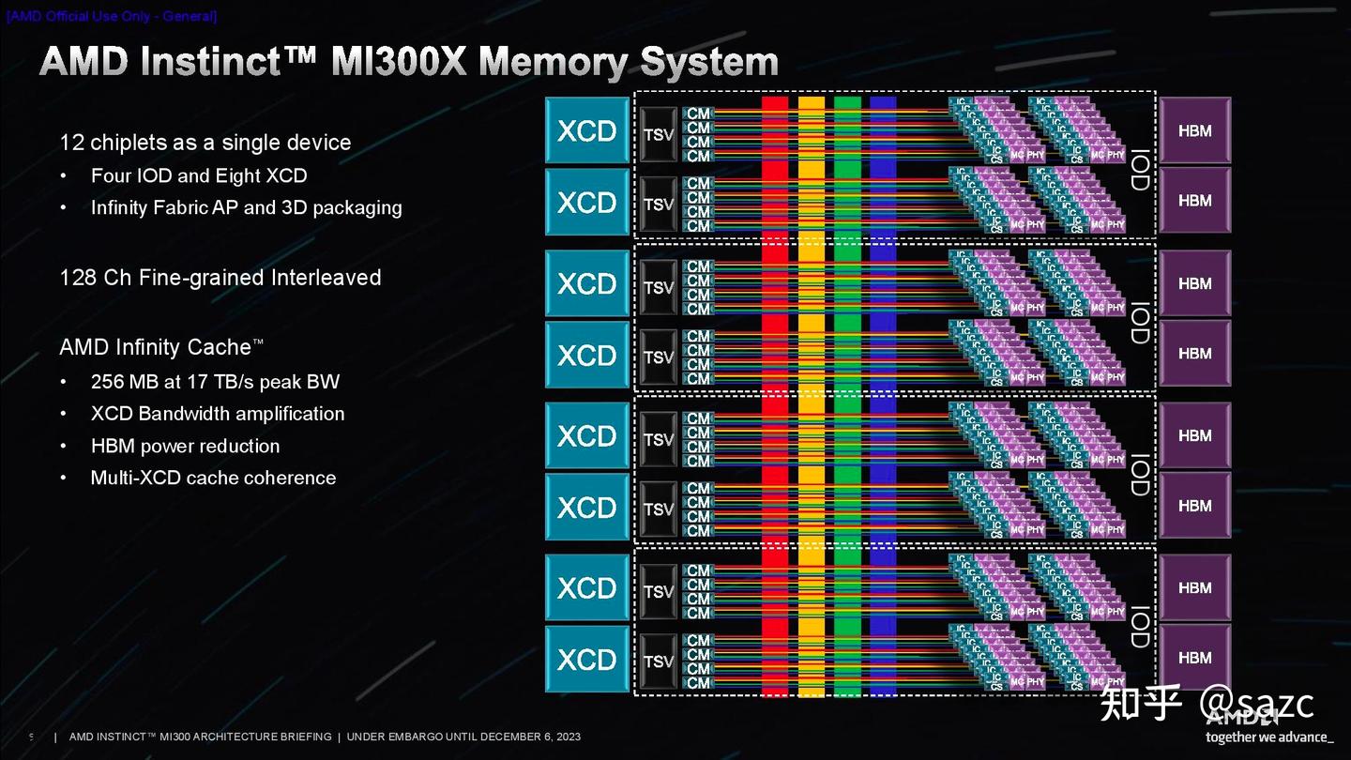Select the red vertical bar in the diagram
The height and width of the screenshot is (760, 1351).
(x=775, y=394)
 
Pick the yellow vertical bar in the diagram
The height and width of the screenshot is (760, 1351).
(x=812, y=394)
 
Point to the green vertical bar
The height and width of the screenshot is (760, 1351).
(x=847, y=394)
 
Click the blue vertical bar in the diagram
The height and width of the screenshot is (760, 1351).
(x=883, y=394)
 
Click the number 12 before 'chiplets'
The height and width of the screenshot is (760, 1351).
(x=71, y=143)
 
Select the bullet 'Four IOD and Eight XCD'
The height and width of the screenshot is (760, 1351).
(x=199, y=175)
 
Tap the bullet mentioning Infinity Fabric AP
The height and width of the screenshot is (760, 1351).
(x=246, y=207)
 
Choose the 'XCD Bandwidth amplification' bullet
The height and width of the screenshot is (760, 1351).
(x=218, y=414)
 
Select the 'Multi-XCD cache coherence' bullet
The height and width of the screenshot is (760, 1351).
(x=213, y=478)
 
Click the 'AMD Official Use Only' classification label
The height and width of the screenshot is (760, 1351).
(x=112, y=16)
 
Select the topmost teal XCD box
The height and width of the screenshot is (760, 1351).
(x=587, y=131)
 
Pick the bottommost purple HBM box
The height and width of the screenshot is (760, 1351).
(x=1194, y=658)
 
